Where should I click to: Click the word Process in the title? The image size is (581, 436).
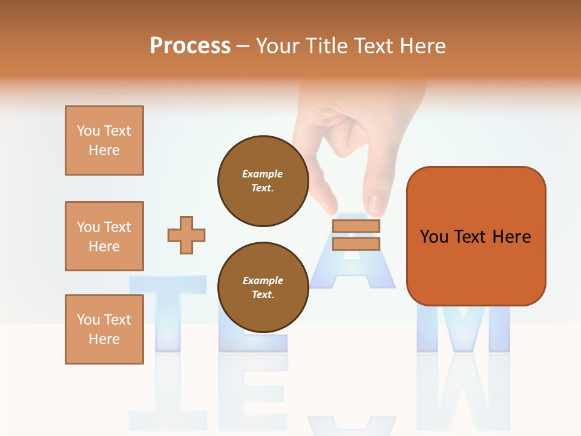coord(190,46)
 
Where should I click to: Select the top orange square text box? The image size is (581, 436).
coord(104,140)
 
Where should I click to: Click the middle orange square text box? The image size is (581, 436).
coord(104,236)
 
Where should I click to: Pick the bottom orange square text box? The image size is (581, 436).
coord(104,329)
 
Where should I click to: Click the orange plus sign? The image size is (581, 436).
coord(186,235)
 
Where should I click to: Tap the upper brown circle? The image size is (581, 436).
coord(263,180)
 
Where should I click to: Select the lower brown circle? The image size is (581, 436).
coord(263,287)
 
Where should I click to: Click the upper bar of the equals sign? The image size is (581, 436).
coord(356,226)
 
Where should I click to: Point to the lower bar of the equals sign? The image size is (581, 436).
coord(356,243)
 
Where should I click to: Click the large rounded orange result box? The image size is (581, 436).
coord(476,236)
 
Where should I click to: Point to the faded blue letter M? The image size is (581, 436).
coord(463,327)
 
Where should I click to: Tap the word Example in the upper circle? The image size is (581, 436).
coord(263,174)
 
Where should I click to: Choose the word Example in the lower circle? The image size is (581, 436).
coord(263,280)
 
